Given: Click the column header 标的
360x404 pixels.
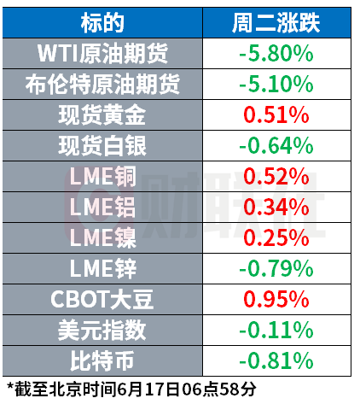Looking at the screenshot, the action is (x=102, y=23).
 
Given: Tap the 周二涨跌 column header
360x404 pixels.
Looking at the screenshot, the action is (x=276, y=23).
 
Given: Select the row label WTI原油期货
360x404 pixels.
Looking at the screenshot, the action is (x=102, y=54).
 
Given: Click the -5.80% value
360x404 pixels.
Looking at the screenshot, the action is (x=276, y=54).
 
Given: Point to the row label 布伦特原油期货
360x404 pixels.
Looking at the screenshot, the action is (x=102, y=85).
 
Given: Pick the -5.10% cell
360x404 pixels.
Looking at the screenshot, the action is (x=276, y=85).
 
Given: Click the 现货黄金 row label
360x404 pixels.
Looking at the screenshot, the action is (x=102, y=115).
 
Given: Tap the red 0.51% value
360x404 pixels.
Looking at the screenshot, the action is (x=276, y=115).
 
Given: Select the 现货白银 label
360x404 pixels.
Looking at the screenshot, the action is (x=102, y=146).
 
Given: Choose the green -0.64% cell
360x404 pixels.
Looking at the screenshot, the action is (x=276, y=146).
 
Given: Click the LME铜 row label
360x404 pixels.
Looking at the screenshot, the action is (x=102, y=177).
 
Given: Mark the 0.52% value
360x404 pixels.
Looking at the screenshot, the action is (x=276, y=177).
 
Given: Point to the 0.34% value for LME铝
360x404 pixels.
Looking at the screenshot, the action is (x=276, y=208).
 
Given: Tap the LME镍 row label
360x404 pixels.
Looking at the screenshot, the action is (x=102, y=238).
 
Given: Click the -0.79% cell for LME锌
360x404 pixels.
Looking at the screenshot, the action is (x=276, y=269).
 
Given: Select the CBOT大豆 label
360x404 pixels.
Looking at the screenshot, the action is (x=102, y=300).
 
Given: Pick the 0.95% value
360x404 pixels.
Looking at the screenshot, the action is (x=276, y=300).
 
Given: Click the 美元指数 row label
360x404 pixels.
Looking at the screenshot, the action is (x=102, y=331).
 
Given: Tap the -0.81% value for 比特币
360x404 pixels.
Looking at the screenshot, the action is (x=276, y=361).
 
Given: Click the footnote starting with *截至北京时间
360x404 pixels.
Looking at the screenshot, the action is (x=131, y=389).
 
